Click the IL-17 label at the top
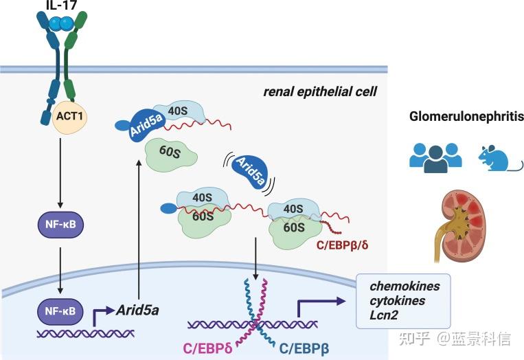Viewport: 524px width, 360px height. click(x=61, y=6)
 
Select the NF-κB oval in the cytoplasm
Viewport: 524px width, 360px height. click(x=61, y=225)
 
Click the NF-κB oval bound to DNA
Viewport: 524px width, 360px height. click(x=61, y=311)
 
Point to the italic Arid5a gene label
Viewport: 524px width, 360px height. click(x=137, y=310)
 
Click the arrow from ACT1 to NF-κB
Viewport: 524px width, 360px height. click(x=61, y=172)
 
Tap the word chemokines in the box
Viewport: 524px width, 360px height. click(x=405, y=286)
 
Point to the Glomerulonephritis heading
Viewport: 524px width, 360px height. click(x=461, y=117)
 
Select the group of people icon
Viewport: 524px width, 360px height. click(x=435, y=157)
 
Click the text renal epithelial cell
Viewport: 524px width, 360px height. click(x=321, y=91)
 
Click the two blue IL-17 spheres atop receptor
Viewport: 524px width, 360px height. click(x=61, y=23)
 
